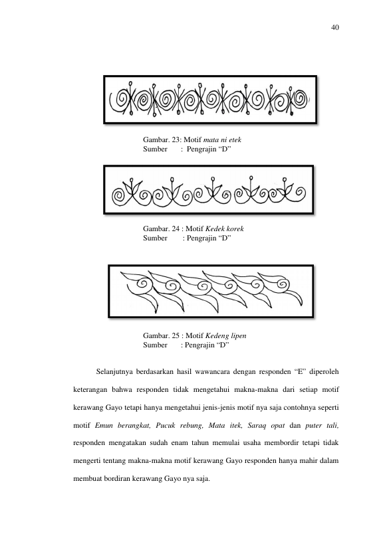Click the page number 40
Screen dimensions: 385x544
pos(335,28)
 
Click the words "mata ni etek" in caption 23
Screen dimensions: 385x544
pos(222,139)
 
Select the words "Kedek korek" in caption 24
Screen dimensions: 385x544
pos(225,228)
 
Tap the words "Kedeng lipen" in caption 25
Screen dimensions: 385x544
pos(226,336)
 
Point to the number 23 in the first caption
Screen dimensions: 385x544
pos(176,139)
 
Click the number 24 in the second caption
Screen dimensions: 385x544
pos(176,228)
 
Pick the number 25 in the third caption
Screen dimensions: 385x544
pos(176,336)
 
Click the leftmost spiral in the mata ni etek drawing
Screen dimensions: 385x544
pos(119,100)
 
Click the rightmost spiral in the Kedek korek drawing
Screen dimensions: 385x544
pos(299,192)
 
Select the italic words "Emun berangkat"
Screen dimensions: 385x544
pos(122,426)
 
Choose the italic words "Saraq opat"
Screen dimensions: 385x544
pos(266,426)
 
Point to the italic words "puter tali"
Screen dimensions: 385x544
pos(322,426)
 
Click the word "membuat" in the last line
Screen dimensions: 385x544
pos(87,479)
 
